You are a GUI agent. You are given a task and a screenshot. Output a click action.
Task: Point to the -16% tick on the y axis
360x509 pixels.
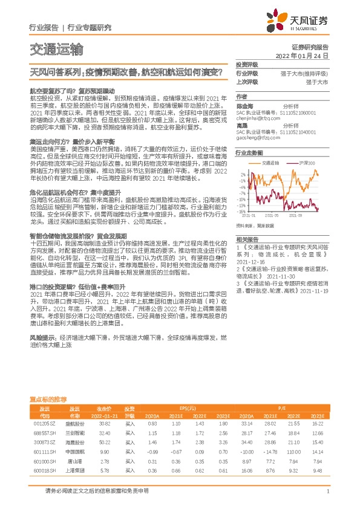241,195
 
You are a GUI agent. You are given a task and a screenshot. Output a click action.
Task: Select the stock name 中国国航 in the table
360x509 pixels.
74,452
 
